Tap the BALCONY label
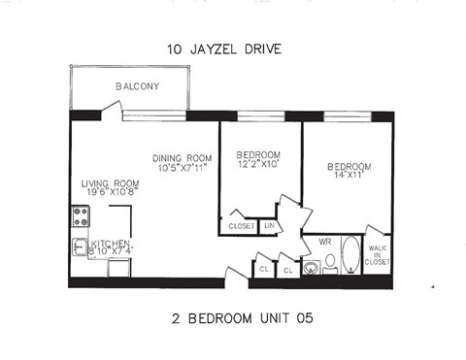pos(137,86)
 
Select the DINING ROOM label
pos(182,158)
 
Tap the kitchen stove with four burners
pos(80,217)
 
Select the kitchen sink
pos(80,247)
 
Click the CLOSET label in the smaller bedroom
pos(241,226)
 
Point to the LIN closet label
pos(269,226)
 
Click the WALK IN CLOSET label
pos(377,255)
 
